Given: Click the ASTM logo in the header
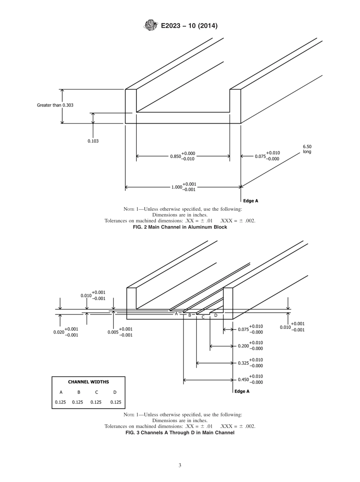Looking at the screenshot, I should coord(151,26).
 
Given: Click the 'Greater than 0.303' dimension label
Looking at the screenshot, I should coord(55,105).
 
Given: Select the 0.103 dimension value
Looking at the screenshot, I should coord(93,141).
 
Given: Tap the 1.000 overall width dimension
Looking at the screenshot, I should coord(184,187).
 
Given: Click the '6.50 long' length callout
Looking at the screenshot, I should coord(307,149).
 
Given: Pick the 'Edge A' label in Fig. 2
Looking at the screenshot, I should coord(250,201).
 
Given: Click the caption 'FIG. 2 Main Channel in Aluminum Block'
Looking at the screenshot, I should coord(180,227).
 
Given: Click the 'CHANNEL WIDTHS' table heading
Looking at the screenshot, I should coord(88,382).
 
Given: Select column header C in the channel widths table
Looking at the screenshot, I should coord(97,392).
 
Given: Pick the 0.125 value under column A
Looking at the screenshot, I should coord(61,402).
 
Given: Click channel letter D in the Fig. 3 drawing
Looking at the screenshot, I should coord(216,315).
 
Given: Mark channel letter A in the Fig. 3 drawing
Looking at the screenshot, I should coord(176,314).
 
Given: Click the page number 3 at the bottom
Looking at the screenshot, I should coord(180,465).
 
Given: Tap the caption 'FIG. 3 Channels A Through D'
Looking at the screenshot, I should coord(180,432).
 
